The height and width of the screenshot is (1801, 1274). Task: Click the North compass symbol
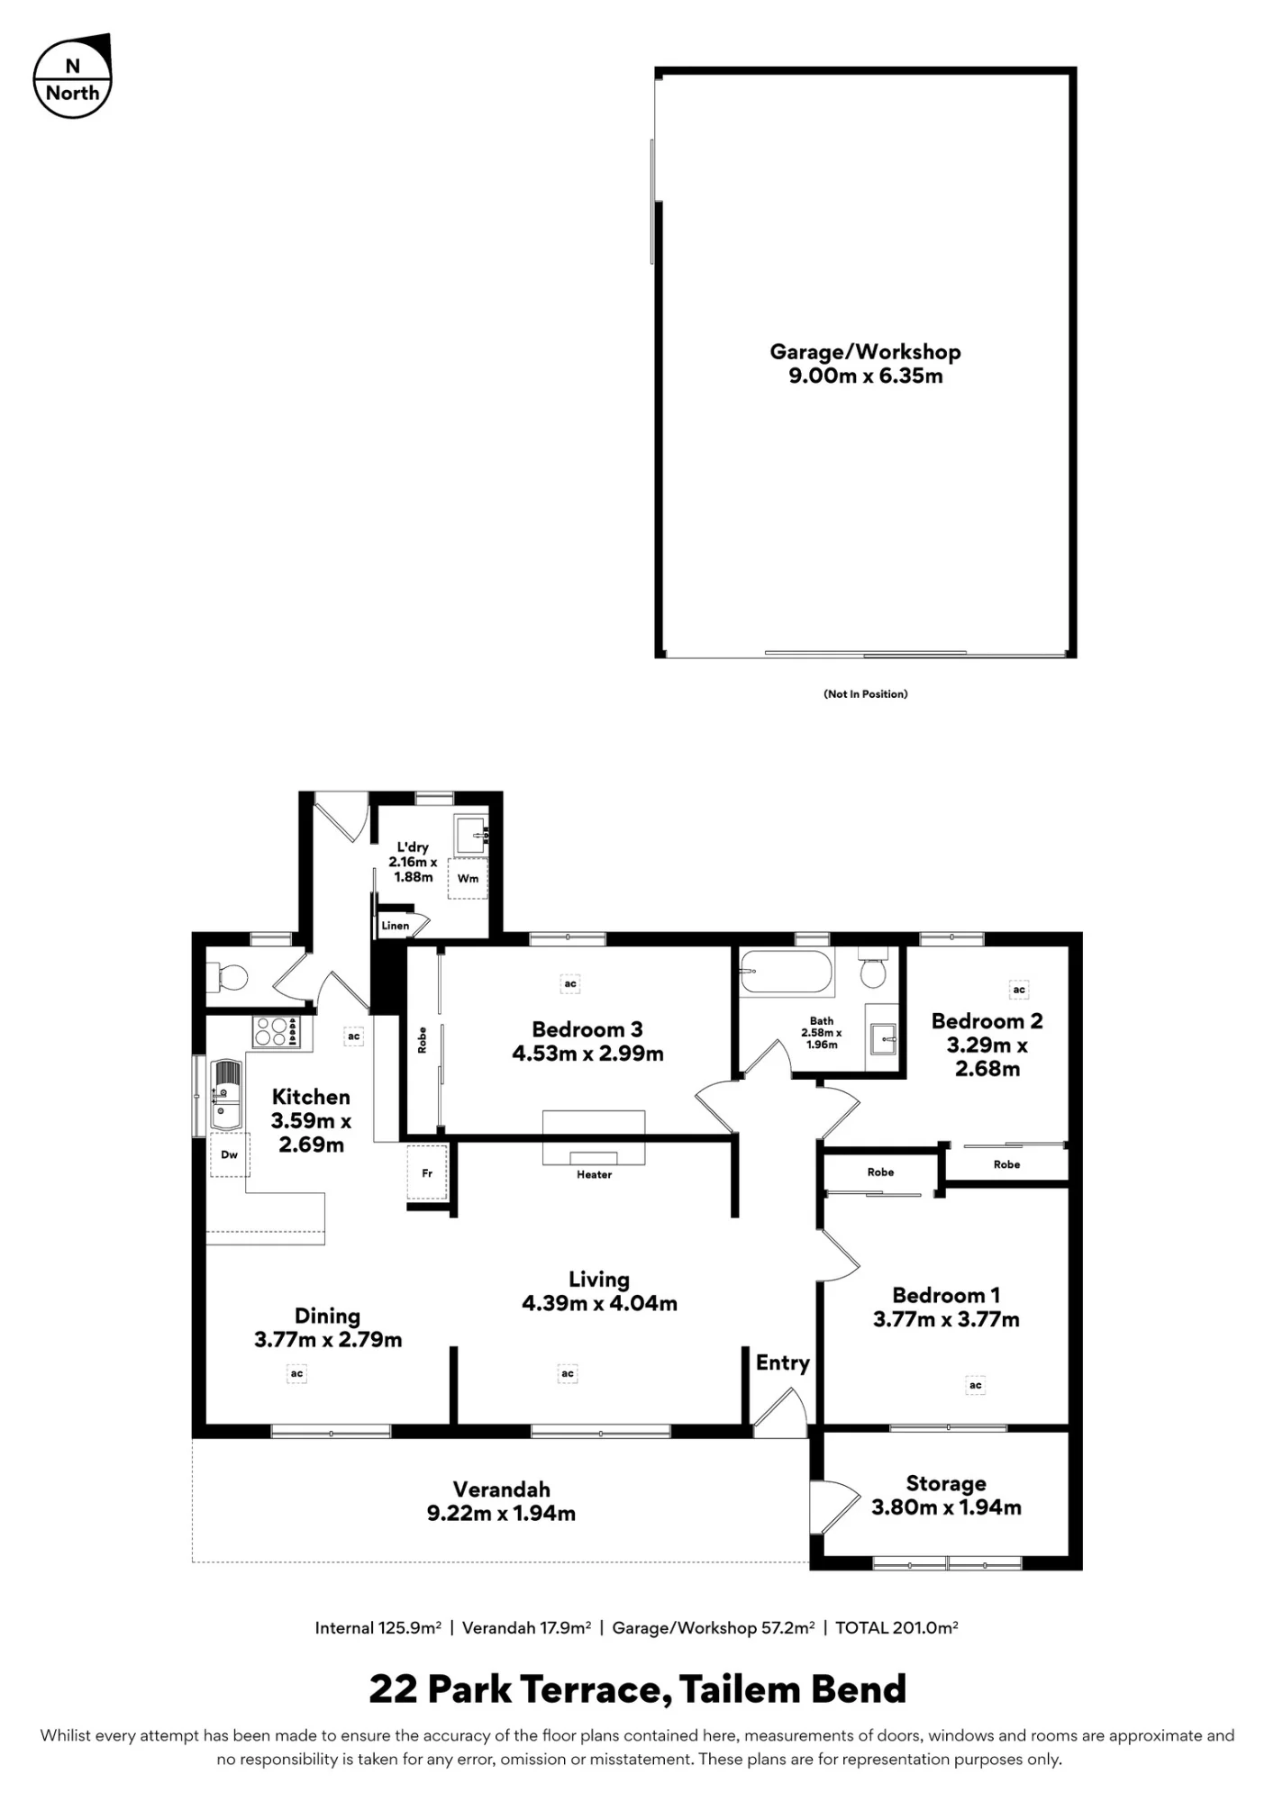click(72, 78)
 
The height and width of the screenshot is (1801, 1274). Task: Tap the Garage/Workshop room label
click(865, 352)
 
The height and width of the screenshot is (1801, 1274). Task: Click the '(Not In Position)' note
click(865, 693)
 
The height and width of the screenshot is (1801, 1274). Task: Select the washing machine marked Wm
click(468, 878)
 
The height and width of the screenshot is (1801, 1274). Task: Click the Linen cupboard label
click(396, 925)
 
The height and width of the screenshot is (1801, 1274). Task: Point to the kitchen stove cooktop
click(276, 1032)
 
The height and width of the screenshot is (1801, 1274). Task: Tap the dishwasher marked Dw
click(229, 1154)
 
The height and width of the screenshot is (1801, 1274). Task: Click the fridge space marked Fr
click(427, 1172)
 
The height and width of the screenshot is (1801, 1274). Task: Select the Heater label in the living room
click(594, 1174)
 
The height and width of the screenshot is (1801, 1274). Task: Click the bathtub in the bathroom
click(785, 972)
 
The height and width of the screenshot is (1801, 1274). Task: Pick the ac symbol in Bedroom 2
click(1019, 990)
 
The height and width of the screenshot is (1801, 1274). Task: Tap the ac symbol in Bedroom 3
click(570, 984)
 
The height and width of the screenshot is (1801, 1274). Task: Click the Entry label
click(782, 1362)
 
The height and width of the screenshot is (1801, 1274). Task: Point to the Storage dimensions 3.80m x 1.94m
click(946, 1507)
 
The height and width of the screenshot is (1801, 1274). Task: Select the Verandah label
click(501, 1489)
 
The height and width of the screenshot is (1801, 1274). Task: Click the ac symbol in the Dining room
click(296, 1373)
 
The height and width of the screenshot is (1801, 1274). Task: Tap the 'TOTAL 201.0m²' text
click(896, 1627)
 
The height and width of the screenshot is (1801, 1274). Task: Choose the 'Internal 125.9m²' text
click(378, 1627)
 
